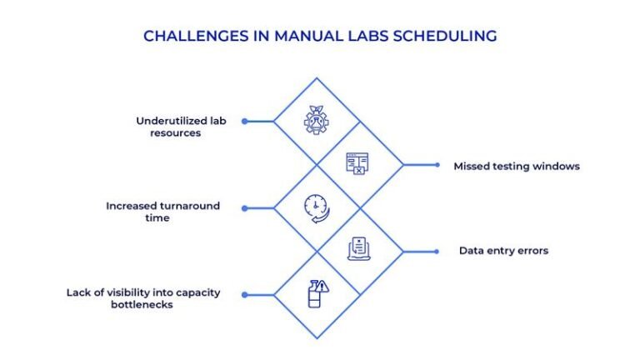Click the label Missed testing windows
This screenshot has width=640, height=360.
coord(516,166)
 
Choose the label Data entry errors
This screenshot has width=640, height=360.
coord(503,251)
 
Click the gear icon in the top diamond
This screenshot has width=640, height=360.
coord(316,122)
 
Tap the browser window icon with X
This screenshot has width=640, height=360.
coord(358,164)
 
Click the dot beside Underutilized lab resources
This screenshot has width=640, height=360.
coord(244,121)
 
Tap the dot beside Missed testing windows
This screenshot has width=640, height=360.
coord(437,165)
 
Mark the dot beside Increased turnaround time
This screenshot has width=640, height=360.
coord(244,207)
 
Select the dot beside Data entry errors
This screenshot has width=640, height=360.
coord(437,251)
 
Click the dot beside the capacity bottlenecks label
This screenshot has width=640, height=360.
coord(244,294)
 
